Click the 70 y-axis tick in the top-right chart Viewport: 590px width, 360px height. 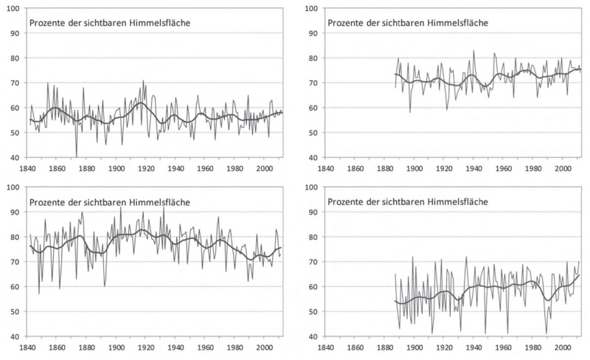click(311, 83)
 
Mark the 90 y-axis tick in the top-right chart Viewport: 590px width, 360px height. click(311, 33)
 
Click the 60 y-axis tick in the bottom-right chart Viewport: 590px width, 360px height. click(311, 287)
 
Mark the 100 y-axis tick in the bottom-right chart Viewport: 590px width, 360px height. click(309, 187)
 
